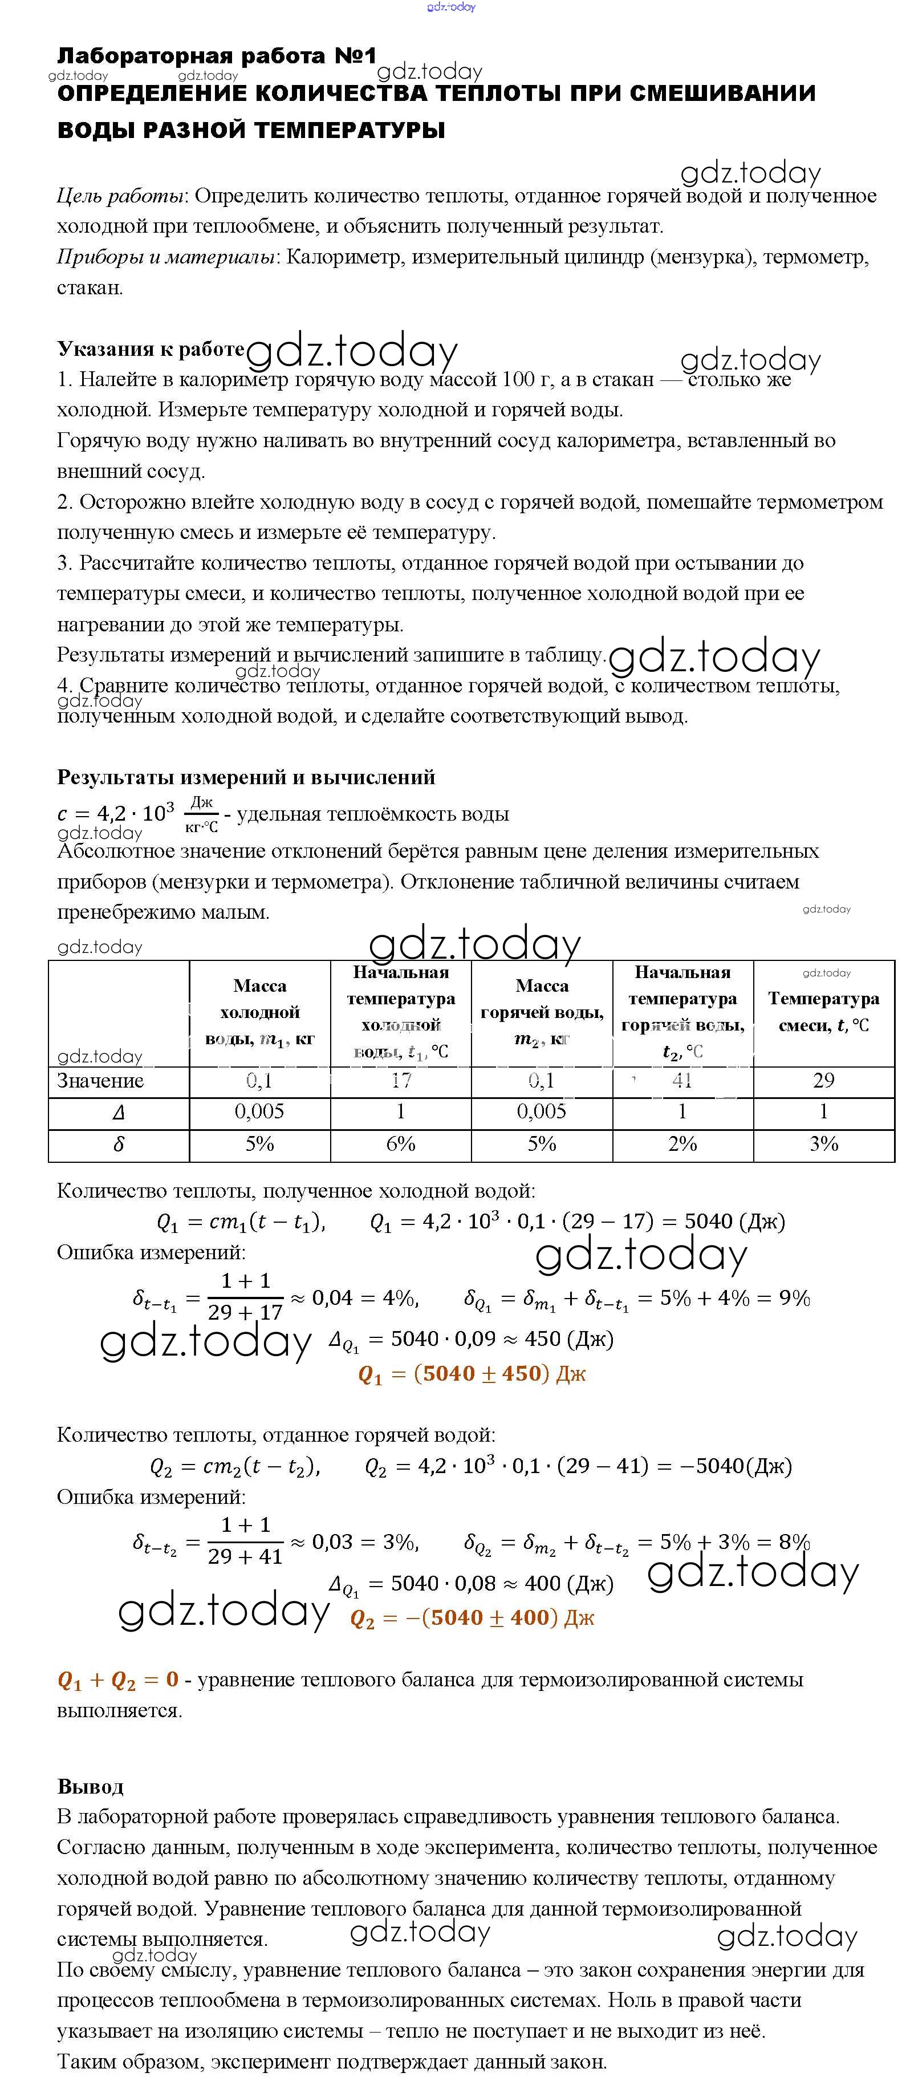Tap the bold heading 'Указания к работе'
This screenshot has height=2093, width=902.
[151, 348]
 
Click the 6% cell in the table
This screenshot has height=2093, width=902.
[401, 1144]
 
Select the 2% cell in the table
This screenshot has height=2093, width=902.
[682, 1144]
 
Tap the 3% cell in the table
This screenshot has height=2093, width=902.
[823, 1144]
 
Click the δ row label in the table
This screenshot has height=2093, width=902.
[119, 1145]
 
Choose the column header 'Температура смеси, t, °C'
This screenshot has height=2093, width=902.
[823, 1012]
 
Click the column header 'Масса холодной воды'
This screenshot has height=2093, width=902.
[260, 1012]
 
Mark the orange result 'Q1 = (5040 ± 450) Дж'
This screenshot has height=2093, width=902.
[472, 1374]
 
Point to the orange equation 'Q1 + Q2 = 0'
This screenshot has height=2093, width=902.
[118, 1680]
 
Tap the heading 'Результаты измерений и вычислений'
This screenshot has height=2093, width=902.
[246, 777]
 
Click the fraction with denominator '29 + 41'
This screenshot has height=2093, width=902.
[245, 1540]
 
